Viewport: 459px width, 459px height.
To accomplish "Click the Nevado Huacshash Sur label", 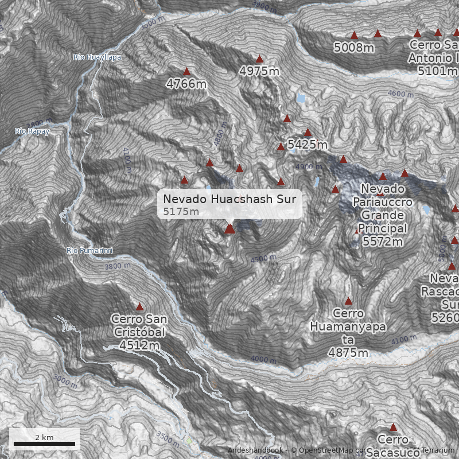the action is (x=229, y=199).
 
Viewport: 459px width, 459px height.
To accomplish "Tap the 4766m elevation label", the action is (x=186, y=84).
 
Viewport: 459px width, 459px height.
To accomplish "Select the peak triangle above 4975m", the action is (x=259, y=59).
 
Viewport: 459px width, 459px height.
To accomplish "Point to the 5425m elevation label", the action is (x=308, y=145).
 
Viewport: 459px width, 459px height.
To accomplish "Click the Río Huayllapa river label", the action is (x=97, y=57).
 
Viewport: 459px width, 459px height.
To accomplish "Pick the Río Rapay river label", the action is (x=32, y=131).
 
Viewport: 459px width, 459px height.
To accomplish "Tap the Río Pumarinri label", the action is (x=90, y=251).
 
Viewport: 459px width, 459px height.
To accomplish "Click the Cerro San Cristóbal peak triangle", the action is (x=139, y=307).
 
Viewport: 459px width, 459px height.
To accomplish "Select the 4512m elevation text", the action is (x=139, y=345).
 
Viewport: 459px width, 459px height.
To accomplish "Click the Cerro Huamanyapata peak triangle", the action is (x=348, y=301).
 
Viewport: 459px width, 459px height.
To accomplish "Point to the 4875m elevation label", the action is (x=348, y=353).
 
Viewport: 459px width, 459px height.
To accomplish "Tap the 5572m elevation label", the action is (x=383, y=242).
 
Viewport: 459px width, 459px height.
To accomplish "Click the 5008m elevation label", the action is (x=354, y=48).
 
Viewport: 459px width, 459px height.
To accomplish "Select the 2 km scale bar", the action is (x=44, y=444).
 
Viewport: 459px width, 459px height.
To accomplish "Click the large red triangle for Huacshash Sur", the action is (x=230, y=228).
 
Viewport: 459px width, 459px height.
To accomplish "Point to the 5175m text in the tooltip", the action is (x=181, y=212).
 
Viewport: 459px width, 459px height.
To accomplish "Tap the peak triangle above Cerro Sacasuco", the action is (x=393, y=427).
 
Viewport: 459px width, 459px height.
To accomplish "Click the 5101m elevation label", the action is (x=438, y=71).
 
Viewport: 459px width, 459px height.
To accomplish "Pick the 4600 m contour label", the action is (x=400, y=94).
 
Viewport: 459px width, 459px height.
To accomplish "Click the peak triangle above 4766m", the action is (x=186, y=72).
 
